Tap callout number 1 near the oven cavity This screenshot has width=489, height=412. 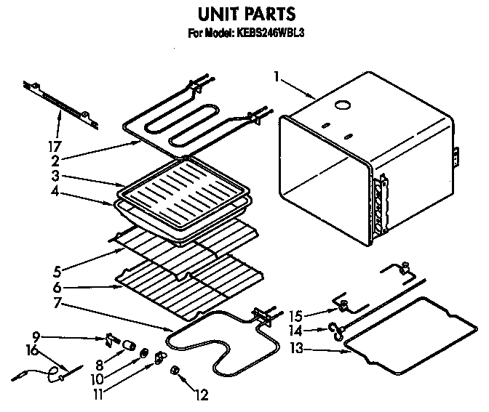click(x=277, y=75)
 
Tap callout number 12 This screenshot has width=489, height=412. click(x=202, y=396)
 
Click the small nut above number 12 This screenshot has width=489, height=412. click(x=175, y=372)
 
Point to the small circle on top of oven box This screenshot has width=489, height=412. click(x=339, y=106)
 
